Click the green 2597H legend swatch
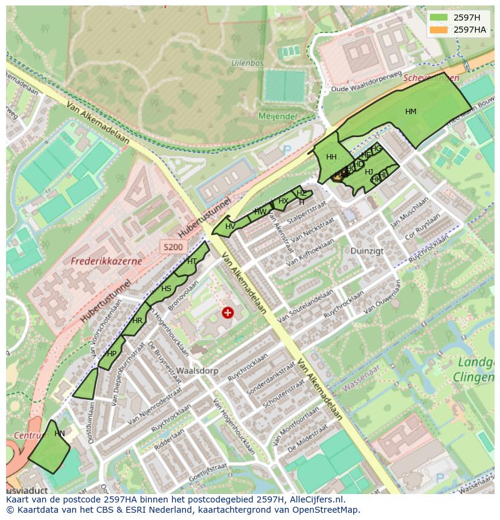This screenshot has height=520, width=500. [x=439, y=18]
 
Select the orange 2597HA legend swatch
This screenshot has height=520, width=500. [x=439, y=30]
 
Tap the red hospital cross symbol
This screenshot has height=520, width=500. [x=228, y=312]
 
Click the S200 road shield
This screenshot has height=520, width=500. [x=173, y=246]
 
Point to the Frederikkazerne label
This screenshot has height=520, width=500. [x=106, y=262]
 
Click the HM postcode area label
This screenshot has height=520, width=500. [x=411, y=112]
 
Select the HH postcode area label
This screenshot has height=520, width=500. [x=331, y=157]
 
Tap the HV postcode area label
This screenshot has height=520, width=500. [x=230, y=226]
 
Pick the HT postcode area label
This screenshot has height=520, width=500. [x=192, y=262]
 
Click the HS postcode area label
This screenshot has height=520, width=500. [x=166, y=289]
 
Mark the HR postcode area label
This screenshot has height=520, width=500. [x=137, y=321]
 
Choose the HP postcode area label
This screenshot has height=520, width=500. [x=112, y=354]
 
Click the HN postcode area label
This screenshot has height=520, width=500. [x=59, y=434]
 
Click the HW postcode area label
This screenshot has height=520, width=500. [x=260, y=212]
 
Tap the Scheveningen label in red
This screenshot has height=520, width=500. [x=431, y=78]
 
